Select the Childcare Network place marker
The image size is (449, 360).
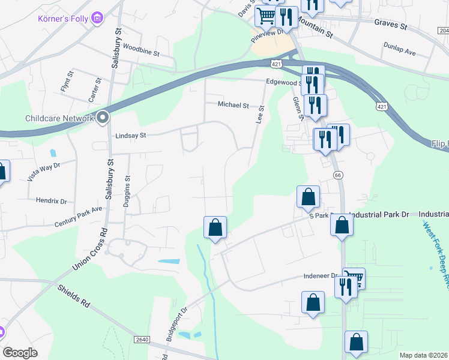point(103,118)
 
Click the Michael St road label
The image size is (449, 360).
point(233,104)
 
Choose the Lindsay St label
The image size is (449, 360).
point(130,136)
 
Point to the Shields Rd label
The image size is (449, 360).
point(74,296)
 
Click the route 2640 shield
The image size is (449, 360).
point(142,340)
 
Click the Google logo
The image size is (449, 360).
point(20,353)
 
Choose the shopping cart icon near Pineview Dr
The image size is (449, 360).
point(265,16)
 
